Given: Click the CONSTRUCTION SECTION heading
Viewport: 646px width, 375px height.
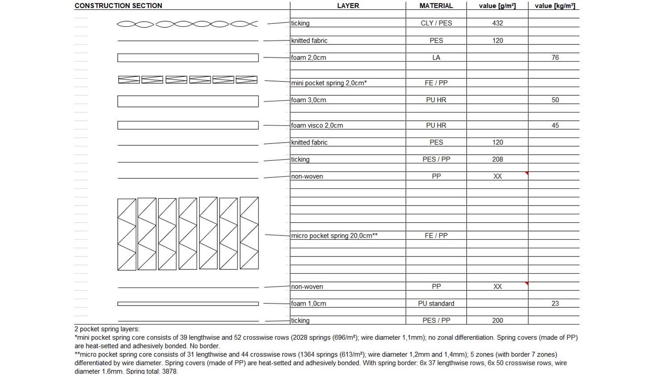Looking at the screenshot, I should [x=118, y=6].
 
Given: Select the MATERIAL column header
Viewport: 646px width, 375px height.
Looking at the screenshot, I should [x=436, y=6].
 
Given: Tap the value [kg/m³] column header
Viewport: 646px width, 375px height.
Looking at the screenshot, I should [x=555, y=6].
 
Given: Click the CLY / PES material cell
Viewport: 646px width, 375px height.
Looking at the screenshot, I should [x=436, y=23].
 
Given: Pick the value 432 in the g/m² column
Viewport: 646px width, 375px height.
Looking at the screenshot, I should [x=497, y=23].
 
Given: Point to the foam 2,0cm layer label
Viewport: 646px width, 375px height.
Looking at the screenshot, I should [x=308, y=58].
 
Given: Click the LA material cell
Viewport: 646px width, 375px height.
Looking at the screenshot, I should [x=436, y=58].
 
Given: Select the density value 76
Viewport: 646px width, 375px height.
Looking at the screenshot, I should [x=555, y=58].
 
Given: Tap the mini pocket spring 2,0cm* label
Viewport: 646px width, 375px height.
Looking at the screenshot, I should [x=329, y=83].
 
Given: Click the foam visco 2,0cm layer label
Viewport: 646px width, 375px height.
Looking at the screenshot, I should [x=317, y=125].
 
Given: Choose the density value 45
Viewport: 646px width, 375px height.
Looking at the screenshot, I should [x=555, y=125].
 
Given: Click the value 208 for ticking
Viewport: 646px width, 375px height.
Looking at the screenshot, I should [x=497, y=159].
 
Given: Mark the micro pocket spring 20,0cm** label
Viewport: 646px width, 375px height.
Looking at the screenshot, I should [x=334, y=236].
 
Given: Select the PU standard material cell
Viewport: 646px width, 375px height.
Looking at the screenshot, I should [x=436, y=304].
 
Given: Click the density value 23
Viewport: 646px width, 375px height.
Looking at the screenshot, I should [x=555, y=304].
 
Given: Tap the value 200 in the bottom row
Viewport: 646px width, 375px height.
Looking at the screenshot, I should [x=497, y=320].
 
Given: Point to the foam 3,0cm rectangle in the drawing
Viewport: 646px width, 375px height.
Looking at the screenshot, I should [x=188, y=101].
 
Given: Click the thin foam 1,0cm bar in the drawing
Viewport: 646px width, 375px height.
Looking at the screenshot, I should [x=188, y=304].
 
